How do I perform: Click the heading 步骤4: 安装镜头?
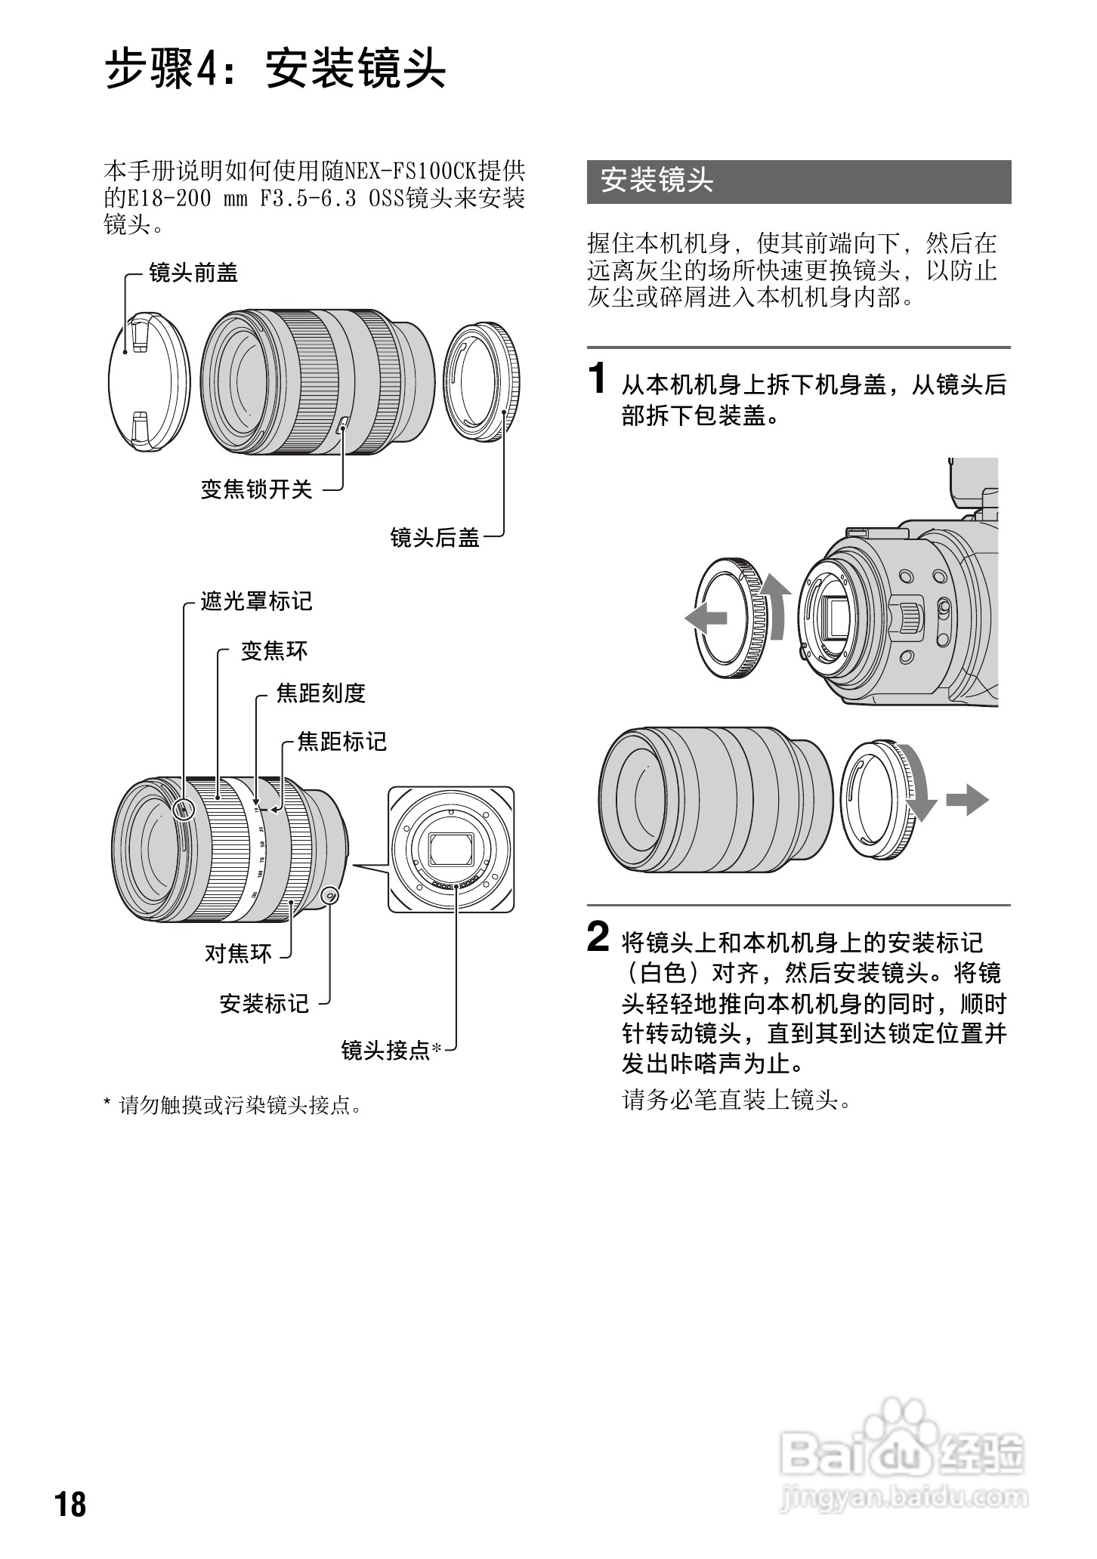275,69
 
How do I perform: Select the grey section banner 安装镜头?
798,181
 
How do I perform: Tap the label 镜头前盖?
193,273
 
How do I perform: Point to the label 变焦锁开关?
256,489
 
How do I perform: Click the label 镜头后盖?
434,538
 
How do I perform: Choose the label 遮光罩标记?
256,601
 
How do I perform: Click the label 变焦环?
274,650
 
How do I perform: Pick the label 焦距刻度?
320,693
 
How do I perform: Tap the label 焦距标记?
341,742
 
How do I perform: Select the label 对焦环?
238,953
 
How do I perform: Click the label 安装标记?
264,1003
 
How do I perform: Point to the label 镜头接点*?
391,1050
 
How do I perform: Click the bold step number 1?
598,378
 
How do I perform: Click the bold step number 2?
598,938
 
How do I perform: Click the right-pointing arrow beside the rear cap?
967,799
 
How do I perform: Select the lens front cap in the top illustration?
150,381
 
